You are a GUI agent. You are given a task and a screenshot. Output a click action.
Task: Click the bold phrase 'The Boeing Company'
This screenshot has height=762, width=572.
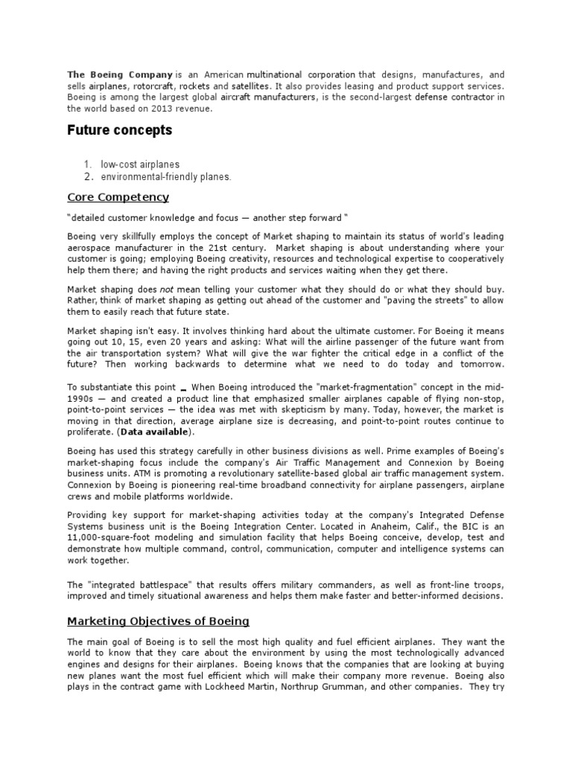click(120, 75)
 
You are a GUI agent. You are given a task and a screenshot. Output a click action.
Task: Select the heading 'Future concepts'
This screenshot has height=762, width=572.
click(119, 130)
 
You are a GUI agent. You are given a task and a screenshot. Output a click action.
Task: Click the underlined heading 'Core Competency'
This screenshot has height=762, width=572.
click(118, 197)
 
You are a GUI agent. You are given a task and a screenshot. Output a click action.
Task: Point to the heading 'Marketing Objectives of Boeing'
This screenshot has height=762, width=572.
click(158, 621)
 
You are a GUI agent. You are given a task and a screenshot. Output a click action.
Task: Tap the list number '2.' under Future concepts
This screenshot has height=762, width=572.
click(87, 177)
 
